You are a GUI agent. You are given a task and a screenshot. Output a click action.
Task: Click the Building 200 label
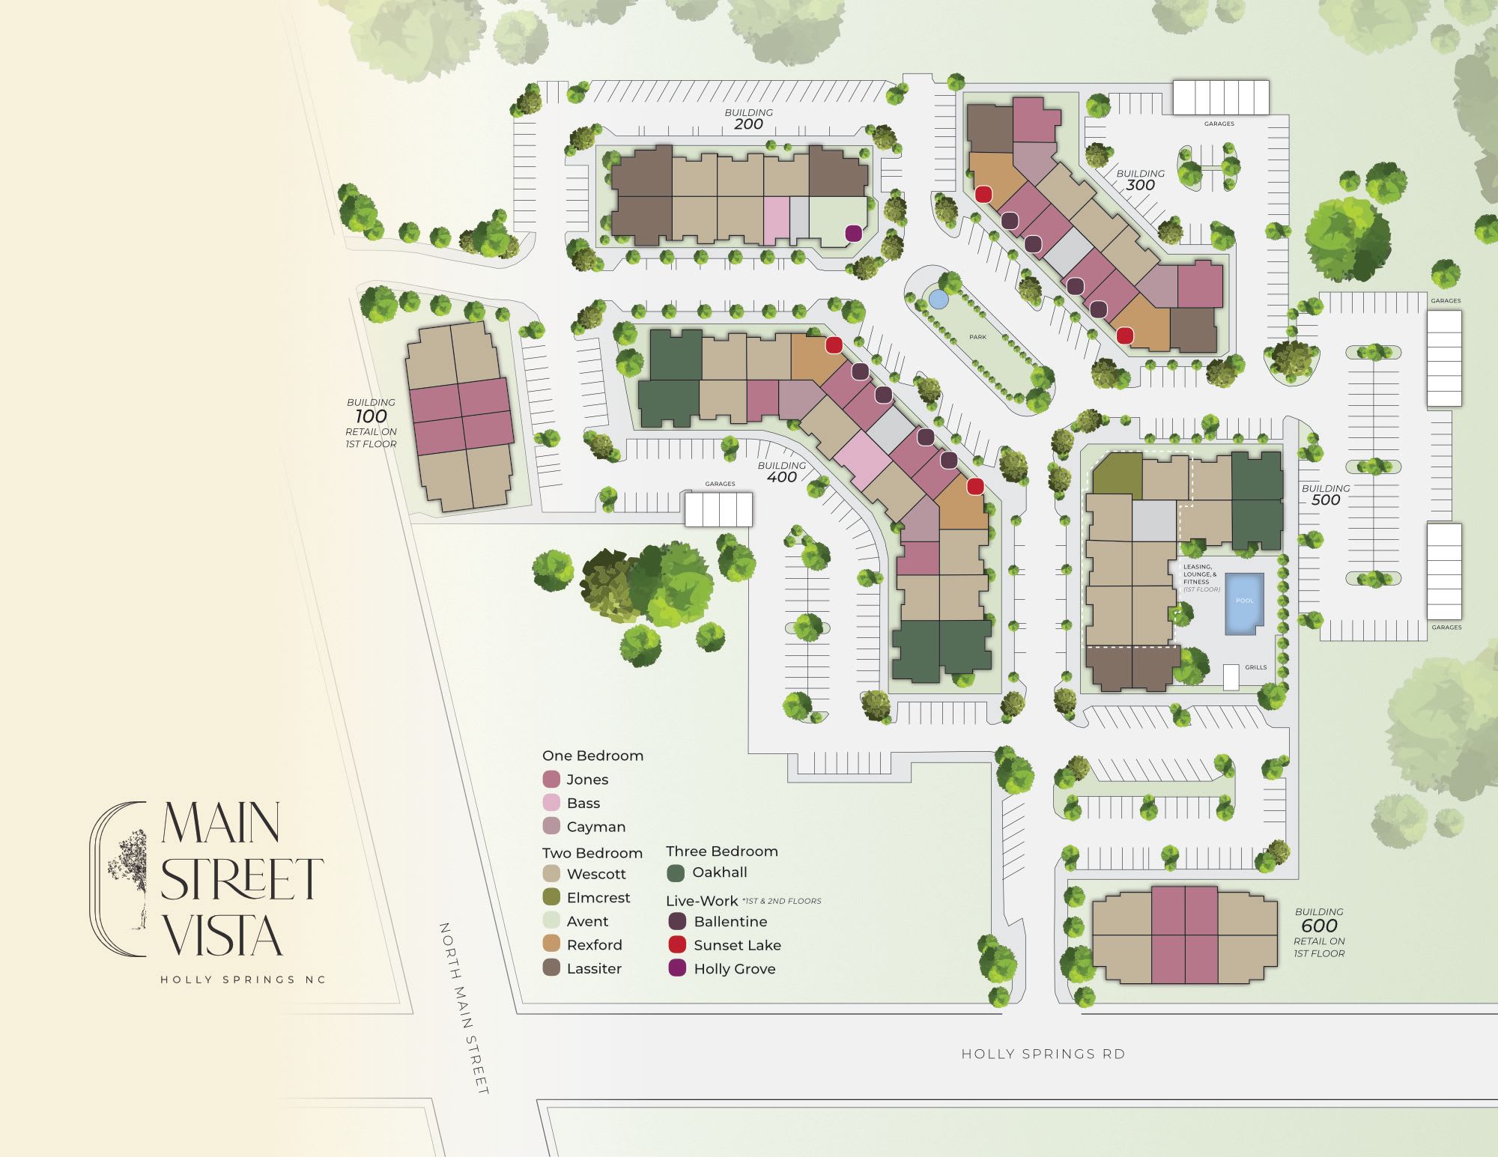(x=748, y=119)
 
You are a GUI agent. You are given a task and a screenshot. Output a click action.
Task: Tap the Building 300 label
(x=1140, y=180)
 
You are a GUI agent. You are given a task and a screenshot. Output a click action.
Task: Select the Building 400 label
(x=781, y=472)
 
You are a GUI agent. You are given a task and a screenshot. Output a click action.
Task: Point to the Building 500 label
(x=1325, y=494)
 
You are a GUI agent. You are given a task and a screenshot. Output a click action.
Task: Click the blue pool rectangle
(x=1244, y=604)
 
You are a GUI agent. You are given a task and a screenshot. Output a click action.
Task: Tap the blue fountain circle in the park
(x=938, y=299)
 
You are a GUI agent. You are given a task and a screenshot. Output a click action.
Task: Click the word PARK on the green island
(x=977, y=337)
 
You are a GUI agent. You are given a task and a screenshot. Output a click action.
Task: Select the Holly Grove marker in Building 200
(x=852, y=234)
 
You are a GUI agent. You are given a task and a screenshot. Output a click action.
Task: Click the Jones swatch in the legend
(x=551, y=779)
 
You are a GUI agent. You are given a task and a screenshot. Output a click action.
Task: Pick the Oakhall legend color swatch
(x=676, y=873)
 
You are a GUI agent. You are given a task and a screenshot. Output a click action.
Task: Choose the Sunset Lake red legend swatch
(x=677, y=945)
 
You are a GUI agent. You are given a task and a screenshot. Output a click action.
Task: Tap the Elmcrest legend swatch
(x=551, y=897)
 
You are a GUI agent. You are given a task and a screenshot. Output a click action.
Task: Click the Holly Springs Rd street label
(x=1043, y=1054)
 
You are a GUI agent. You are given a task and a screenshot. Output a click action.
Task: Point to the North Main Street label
(x=464, y=1008)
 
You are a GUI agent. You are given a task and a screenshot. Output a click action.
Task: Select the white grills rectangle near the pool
(x=1231, y=677)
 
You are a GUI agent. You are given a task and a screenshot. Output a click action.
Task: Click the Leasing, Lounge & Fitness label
(x=1201, y=577)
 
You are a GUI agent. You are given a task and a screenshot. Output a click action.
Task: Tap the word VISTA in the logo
(x=222, y=937)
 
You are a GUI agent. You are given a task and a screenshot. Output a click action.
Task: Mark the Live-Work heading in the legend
(x=702, y=901)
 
